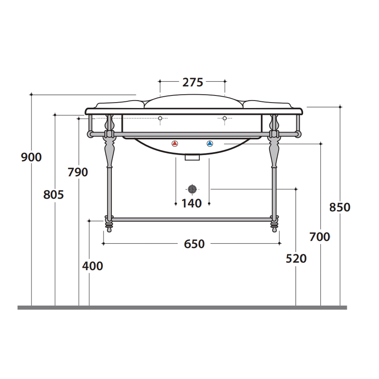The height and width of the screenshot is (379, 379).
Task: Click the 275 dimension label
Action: pos(193,82)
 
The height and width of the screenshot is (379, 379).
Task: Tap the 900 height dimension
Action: pos(31,157)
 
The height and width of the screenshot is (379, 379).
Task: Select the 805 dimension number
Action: pos(53,195)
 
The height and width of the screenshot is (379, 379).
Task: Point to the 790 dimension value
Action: pos(78,172)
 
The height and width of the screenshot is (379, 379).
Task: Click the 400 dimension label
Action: pos(92,266)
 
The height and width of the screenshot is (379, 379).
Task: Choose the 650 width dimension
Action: pos(194,244)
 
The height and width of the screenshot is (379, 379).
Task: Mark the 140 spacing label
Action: pos(192,203)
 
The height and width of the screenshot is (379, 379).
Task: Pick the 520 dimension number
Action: pos(296,258)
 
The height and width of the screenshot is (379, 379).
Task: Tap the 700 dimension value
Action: pos(320,237)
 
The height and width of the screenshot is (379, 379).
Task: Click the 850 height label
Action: pos(340,207)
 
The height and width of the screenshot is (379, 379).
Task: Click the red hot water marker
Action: pos(175,144)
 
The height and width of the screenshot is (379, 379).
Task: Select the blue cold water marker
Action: pos(210,144)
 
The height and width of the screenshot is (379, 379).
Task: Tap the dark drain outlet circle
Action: pos(192,189)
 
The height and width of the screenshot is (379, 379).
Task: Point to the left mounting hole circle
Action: pos(160,118)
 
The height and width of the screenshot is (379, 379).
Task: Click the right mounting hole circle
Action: pos(224,118)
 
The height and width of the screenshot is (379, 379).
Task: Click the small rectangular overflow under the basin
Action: pos(192,157)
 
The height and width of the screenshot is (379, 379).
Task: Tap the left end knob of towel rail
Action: pos(89,134)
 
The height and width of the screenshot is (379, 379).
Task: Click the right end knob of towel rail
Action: pos(299,134)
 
